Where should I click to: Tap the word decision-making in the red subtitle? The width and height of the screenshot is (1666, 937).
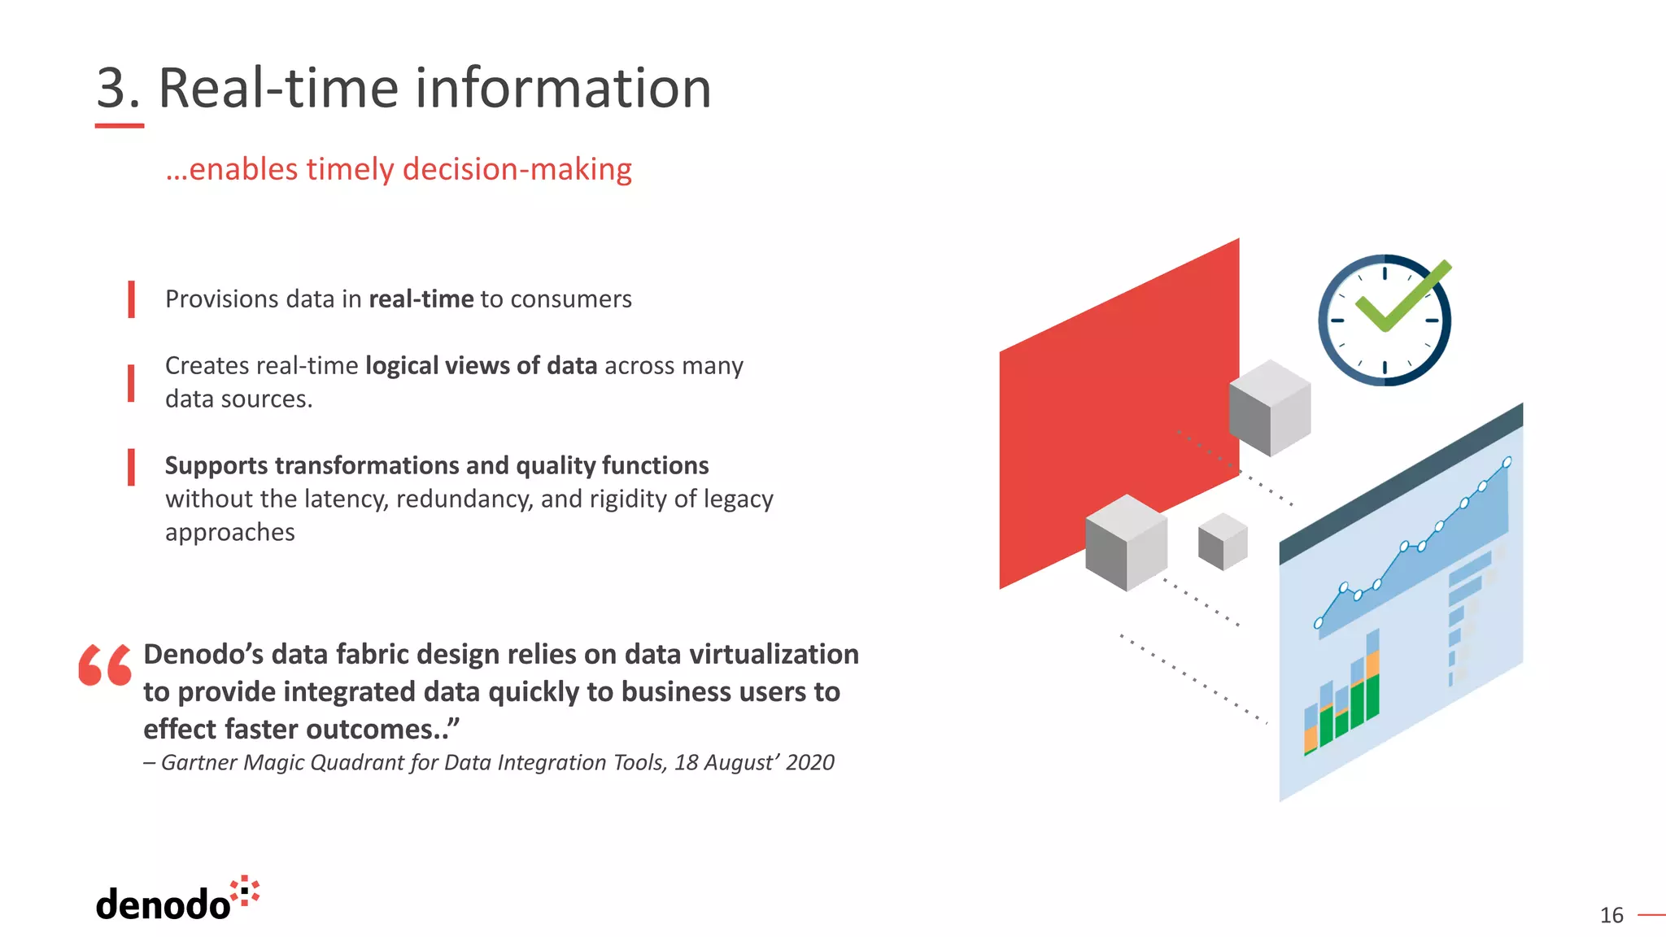pyautogui.click(x=517, y=169)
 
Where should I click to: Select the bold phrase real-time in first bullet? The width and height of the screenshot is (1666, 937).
pyautogui.click(x=421, y=299)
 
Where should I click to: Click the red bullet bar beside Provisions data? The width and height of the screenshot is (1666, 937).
pyautogui.click(x=131, y=299)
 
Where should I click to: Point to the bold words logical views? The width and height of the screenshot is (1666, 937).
pyautogui.click(x=438, y=366)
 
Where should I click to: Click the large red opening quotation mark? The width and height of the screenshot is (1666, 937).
pyautogui.click(x=105, y=665)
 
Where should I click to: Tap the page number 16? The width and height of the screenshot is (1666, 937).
pyautogui.click(x=1611, y=916)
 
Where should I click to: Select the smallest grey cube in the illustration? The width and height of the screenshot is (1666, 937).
pyautogui.click(x=1223, y=542)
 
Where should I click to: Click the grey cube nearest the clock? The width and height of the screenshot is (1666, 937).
pyautogui.click(x=1269, y=407)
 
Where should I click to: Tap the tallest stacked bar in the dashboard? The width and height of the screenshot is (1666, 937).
pyautogui.click(x=1372, y=675)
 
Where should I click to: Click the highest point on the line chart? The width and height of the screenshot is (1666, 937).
pyautogui.click(x=1507, y=462)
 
